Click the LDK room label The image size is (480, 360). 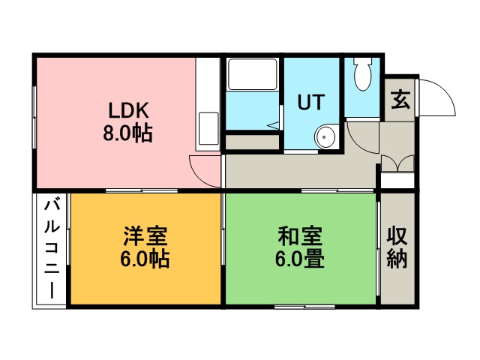129,110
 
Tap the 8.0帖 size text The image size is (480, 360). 127,133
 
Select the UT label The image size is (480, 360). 311,102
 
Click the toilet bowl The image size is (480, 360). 363,74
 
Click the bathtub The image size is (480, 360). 253,74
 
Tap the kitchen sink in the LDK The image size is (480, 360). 208,128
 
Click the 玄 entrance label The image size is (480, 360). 400,100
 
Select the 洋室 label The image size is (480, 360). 145,236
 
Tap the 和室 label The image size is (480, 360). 300,236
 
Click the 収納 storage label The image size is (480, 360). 397,247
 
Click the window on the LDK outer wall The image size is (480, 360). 34,118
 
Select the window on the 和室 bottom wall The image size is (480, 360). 305,307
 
